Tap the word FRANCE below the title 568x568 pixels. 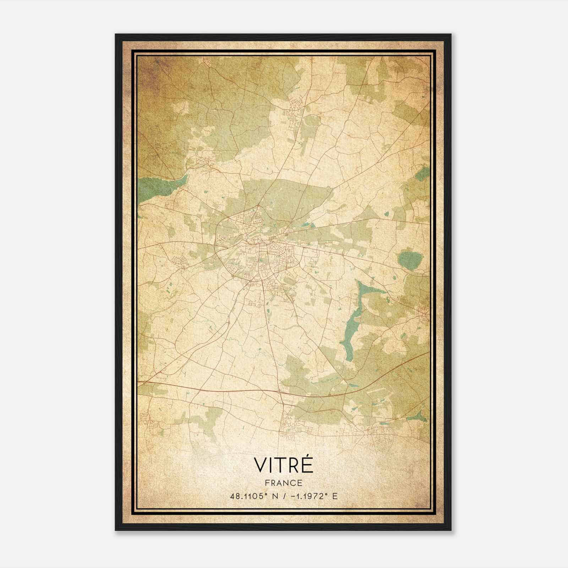(284, 483)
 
